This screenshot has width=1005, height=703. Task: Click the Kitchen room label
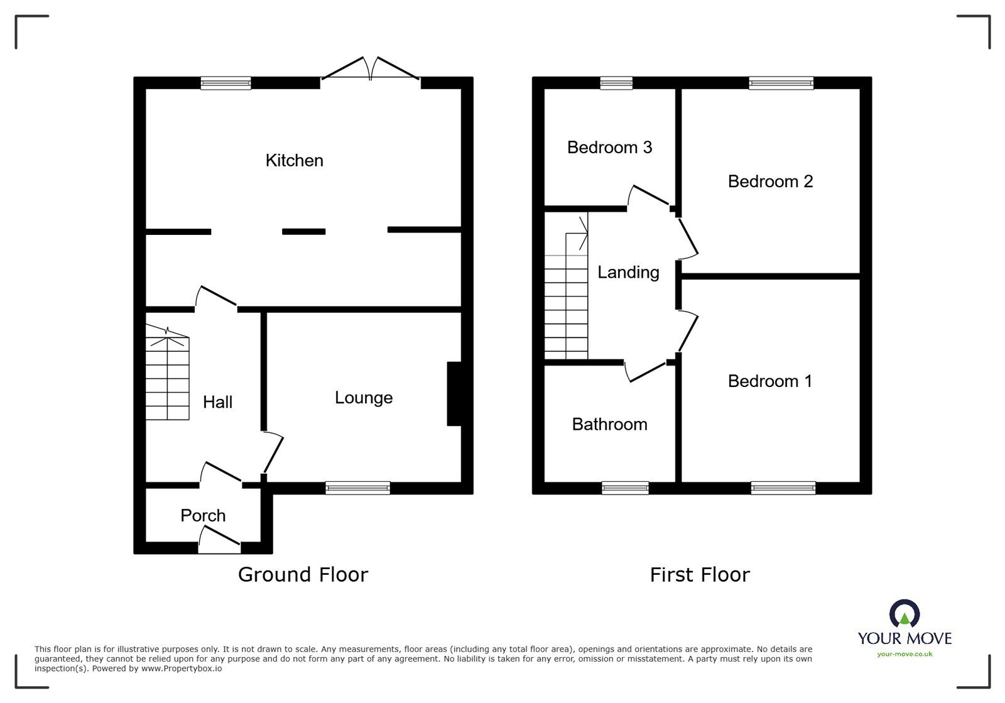tap(294, 160)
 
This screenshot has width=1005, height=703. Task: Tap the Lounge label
tap(363, 398)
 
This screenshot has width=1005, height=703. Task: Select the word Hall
tap(217, 402)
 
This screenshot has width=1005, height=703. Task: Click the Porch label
tap(202, 515)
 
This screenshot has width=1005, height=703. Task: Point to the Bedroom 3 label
tap(609, 147)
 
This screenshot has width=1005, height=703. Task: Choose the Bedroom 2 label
tap(769, 182)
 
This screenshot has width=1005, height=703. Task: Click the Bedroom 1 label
tap(769, 381)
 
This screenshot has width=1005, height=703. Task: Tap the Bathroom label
tap(609, 424)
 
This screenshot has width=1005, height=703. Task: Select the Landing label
tap(627, 272)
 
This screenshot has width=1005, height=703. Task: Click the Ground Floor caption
tap(303, 574)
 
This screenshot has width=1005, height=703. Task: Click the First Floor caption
tap(699, 574)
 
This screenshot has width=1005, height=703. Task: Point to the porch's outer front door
tap(219, 540)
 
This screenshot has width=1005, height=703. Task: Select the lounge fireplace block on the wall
tap(454, 394)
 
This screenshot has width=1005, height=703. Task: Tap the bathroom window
tap(625, 488)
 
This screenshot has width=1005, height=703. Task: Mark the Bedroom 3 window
tap(616, 83)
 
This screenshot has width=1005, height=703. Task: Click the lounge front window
tap(357, 488)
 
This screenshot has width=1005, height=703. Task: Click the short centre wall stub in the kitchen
tap(303, 232)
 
